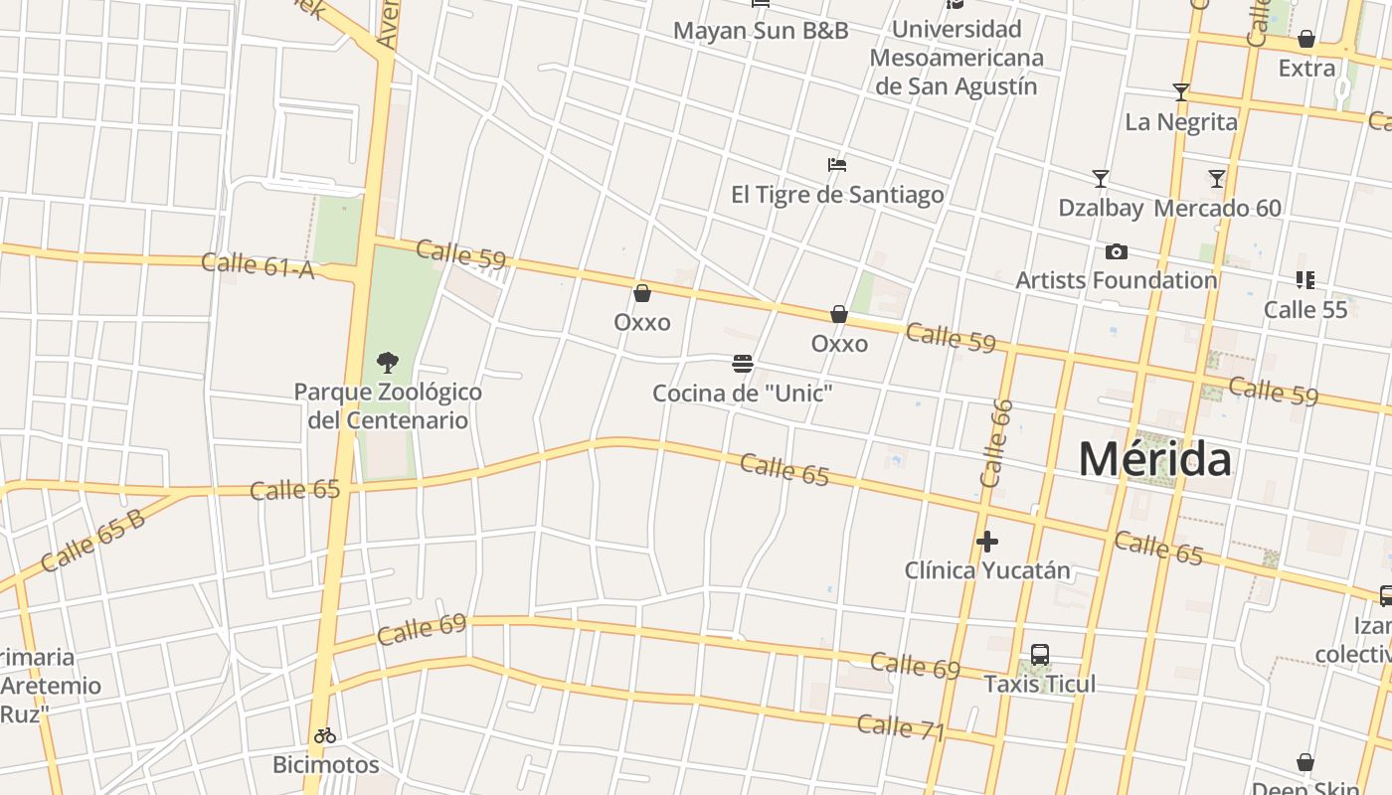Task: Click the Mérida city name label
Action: tap(1154, 459)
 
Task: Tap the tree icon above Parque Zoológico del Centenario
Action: tap(388, 362)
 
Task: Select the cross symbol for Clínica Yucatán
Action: tap(986, 542)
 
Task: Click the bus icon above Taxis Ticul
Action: tap(1040, 655)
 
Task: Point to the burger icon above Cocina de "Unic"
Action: tap(742, 364)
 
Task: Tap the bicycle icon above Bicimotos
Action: tap(325, 736)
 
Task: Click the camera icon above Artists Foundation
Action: tap(1117, 252)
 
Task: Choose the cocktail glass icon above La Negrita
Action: tap(1181, 92)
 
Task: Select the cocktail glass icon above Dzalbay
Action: tap(1101, 179)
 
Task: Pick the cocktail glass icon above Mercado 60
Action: tap(1217, 179)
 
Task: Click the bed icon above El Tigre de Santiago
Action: tap(837, 165)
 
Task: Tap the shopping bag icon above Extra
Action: tap(1306, 40)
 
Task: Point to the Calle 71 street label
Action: tap(900, 727)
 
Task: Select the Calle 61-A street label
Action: tap(258, 265)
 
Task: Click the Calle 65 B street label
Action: tap(93, 541)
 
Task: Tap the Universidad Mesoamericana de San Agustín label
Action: tap(957, 58)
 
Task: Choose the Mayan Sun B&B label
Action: tap(761, 31)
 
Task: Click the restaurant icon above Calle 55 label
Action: tap(1305, 280)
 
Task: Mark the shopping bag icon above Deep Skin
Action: tap(1305, 762)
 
